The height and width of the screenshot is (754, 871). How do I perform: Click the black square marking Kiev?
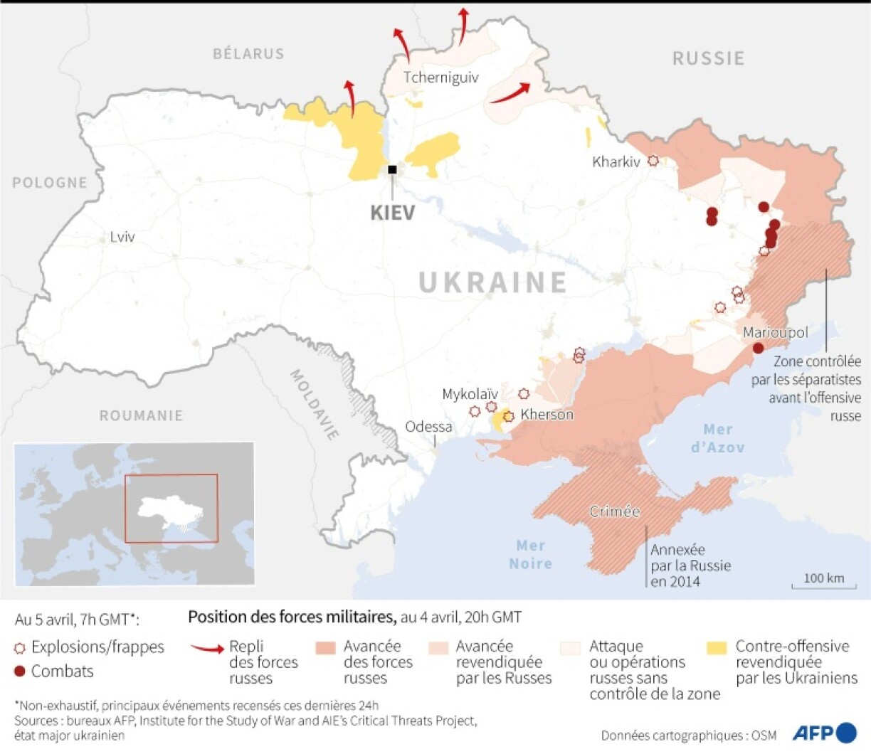click(x=392, y=169)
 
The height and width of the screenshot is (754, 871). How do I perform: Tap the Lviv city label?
click(x=122, y=237)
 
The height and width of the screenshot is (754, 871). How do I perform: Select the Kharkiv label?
click(x=616, y=162)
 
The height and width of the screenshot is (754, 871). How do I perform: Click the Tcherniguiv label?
click(x=440, y=78)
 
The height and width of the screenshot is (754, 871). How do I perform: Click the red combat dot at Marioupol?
click(x=758, y=348)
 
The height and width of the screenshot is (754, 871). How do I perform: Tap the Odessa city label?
click(x=428, y=427)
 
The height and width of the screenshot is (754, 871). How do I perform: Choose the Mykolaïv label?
click(x=470, y=393)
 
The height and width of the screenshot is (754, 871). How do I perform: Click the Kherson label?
click(x=547, y=414)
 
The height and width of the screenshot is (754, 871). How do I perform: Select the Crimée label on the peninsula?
click(x=615, y=511)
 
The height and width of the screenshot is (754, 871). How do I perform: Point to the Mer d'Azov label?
click(x=717, y=438)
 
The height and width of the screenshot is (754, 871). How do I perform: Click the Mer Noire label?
click(x=530, y=554)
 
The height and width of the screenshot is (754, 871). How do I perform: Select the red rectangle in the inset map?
click(x=171, y=508)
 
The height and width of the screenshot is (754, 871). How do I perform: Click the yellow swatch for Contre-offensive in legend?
click(x=717, y=647)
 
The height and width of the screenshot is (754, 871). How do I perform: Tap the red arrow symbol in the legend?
click(x=207, y=648)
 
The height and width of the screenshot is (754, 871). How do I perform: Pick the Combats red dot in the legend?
click(x=20, y=671)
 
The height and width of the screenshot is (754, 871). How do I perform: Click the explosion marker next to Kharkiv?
click(x=653, y=161)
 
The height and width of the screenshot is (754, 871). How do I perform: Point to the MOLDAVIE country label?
click(x=314, y=404)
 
